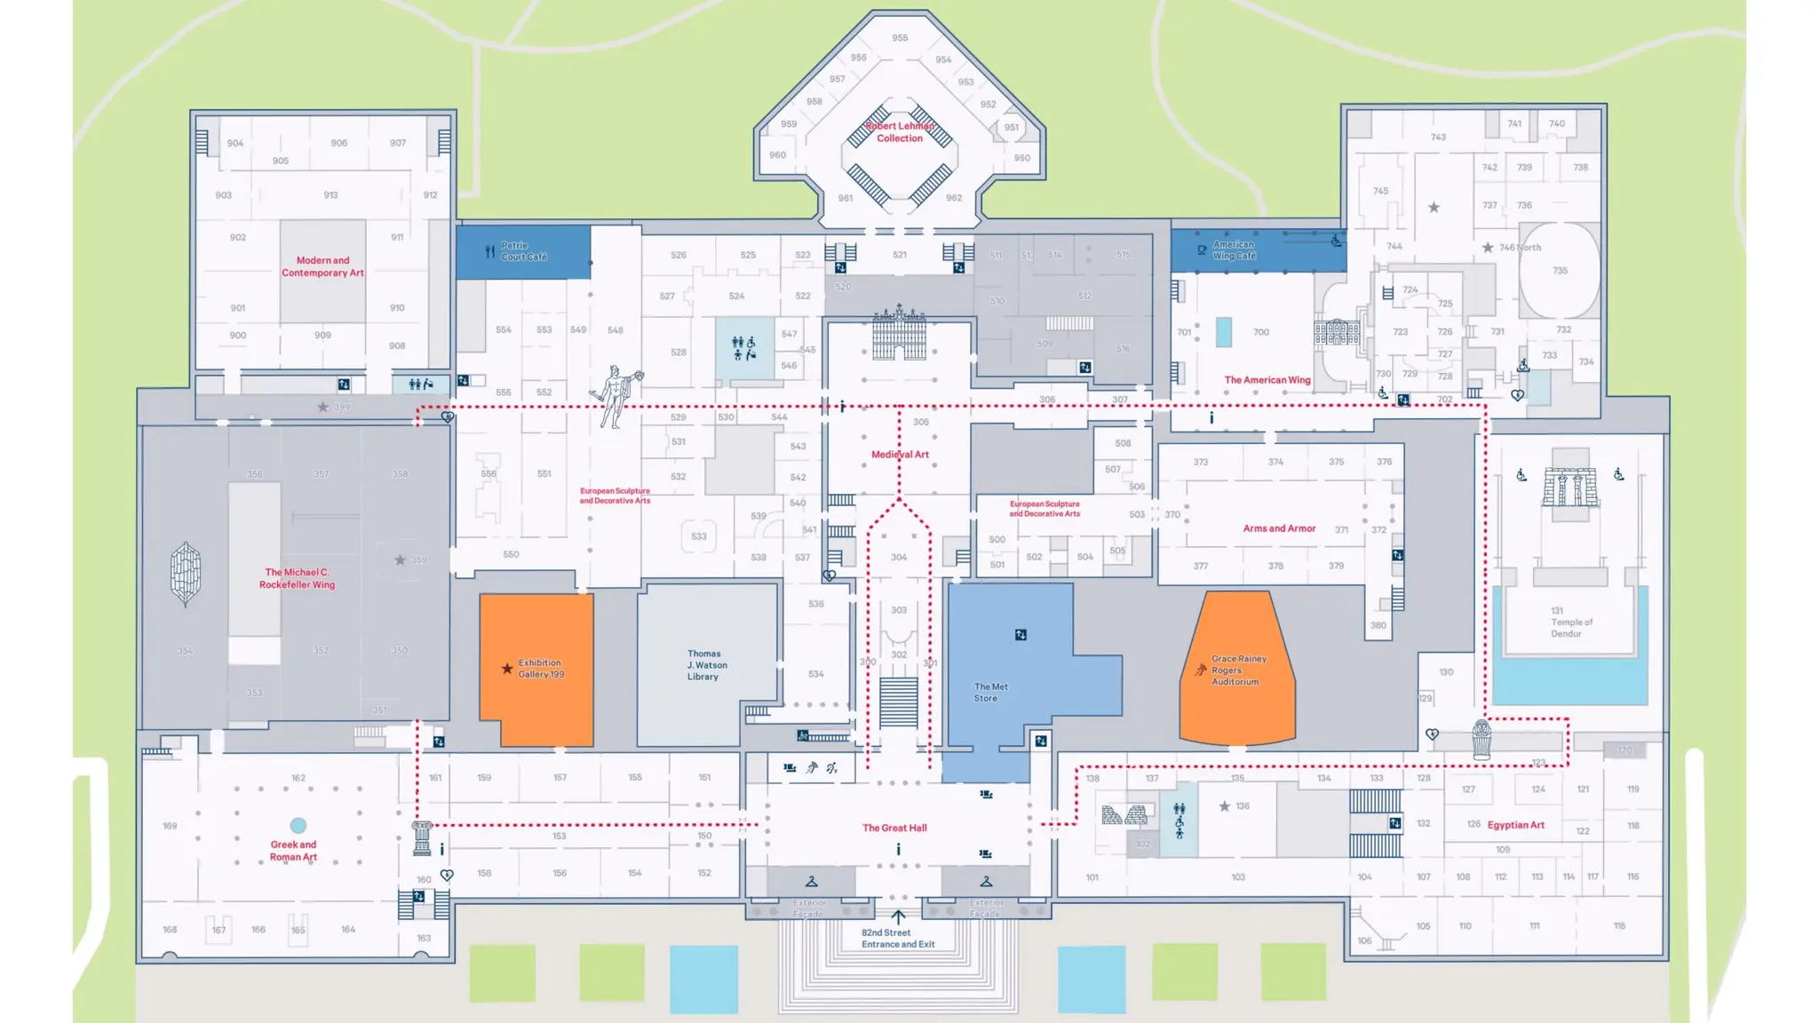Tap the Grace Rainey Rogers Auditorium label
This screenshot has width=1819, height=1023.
(x=1238, y=670)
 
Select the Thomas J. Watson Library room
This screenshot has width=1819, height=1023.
(x=705, y=665)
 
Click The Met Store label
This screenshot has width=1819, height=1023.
(x=990, y=693)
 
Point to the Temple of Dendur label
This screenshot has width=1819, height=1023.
(x=1570, y=623)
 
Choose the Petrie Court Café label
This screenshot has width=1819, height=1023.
(x=524, y=251)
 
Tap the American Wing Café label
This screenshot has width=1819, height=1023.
(x=1234, y=250)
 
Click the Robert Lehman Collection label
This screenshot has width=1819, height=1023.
(x=900, y=132)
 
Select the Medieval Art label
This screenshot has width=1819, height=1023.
(x=900, y=455)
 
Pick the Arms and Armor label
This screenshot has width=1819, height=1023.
(x=1279, y=528)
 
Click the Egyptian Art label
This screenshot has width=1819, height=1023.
(x=1515, y=825)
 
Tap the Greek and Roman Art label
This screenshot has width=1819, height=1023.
(x=293, y=851)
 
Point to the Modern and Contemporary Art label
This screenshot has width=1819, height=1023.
(x=322, y=266)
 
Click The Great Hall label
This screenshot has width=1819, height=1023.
(x=894, y=828)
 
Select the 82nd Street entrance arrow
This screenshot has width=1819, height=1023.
(x=898, y=917)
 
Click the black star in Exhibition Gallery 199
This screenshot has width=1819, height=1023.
(x=507, y=669)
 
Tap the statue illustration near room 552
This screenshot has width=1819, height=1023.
(x=616, y=396)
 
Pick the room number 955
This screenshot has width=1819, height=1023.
(x=900, y=38)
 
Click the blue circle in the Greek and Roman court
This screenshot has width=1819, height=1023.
(x=298, y=826)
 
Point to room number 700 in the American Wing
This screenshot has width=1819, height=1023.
(x=1261, y=332)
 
